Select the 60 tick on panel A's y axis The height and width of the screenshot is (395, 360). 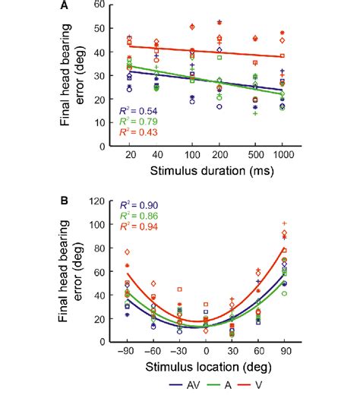(110, 5)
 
